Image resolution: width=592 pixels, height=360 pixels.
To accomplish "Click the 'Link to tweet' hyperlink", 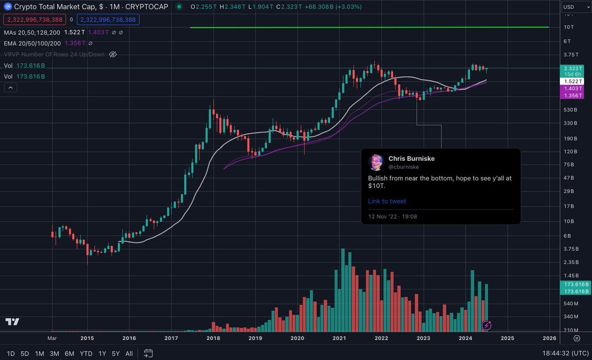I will tap(387, 201).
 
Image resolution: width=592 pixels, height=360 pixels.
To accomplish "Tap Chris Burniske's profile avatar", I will tap(376, 162).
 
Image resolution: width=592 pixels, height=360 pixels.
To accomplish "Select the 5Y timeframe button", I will tap(115, 354).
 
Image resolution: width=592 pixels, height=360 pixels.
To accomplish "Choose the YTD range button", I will tap(86, 354).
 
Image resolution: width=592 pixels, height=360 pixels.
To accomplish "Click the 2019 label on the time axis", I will tap(255, 338).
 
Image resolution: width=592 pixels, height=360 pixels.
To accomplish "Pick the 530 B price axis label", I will tap(570, 109).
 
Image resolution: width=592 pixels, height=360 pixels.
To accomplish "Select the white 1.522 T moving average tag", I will tap(574, 81).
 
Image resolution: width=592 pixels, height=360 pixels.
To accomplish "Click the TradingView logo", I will tap(12, 322).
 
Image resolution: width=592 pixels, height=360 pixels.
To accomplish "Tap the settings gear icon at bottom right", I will tap(576, 338).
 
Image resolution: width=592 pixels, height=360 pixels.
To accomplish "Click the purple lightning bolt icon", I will tap(487, 325).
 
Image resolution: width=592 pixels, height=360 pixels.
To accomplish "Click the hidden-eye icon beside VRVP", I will tap(112, 54).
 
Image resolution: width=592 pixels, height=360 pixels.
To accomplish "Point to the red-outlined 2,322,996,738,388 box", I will tap(35, 20).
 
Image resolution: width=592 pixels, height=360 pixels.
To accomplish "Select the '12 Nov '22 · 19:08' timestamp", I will tap(393, 216).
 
